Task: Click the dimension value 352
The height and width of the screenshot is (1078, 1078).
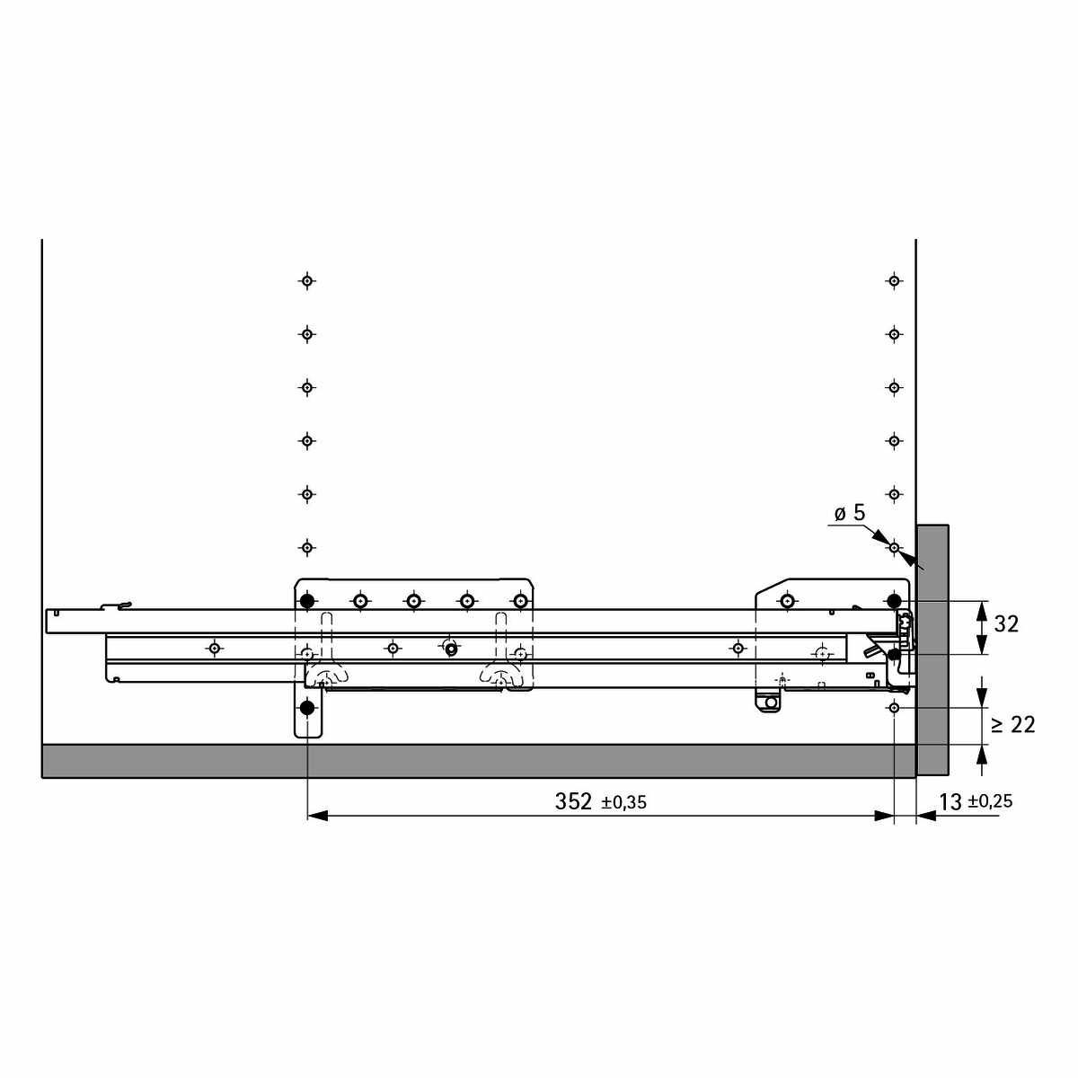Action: [x=573, y=801]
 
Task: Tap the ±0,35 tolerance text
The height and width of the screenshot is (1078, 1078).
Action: [x=623, y=803]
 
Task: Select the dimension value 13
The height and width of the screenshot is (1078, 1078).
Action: [x=950, y=802]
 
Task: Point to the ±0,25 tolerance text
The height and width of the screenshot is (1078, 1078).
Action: [x=990, y=801]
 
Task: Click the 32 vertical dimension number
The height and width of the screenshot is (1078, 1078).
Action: [x=1006, y=624]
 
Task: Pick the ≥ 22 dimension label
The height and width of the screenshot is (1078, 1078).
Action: [x=1013, y=725]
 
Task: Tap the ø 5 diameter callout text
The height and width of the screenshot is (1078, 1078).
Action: [x=850, y=512]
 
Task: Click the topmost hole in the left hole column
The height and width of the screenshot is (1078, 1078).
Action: [x=306, y=280]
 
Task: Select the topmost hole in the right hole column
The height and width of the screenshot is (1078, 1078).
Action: [x=894, y=280]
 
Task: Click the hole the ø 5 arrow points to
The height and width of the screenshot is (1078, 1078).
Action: [x=894, y=547]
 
